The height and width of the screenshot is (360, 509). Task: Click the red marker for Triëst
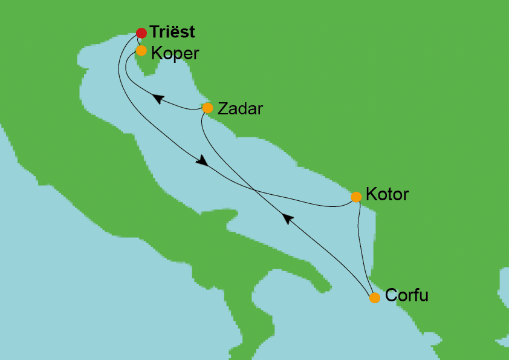141,33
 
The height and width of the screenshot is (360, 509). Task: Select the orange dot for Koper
141,51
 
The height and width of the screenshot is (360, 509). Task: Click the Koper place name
175,53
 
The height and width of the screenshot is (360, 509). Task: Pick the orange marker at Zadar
207,108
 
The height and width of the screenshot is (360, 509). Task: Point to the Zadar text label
240,109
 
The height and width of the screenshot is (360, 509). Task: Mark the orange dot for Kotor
357,197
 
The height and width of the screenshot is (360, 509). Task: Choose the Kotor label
387,195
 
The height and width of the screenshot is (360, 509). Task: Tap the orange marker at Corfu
375,297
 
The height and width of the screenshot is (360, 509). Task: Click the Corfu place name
406,296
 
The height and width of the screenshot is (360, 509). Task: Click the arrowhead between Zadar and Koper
158,99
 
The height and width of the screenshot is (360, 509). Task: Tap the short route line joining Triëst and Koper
138,42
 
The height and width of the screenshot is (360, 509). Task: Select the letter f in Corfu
415,296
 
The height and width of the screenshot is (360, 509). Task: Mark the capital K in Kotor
372,195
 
